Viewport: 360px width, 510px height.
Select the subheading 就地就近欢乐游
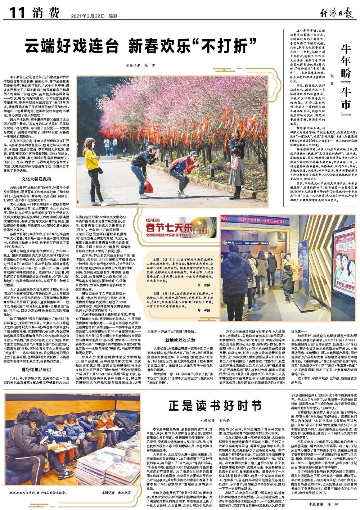click(180, 339)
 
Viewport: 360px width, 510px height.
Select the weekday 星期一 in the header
click(106, 16)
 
